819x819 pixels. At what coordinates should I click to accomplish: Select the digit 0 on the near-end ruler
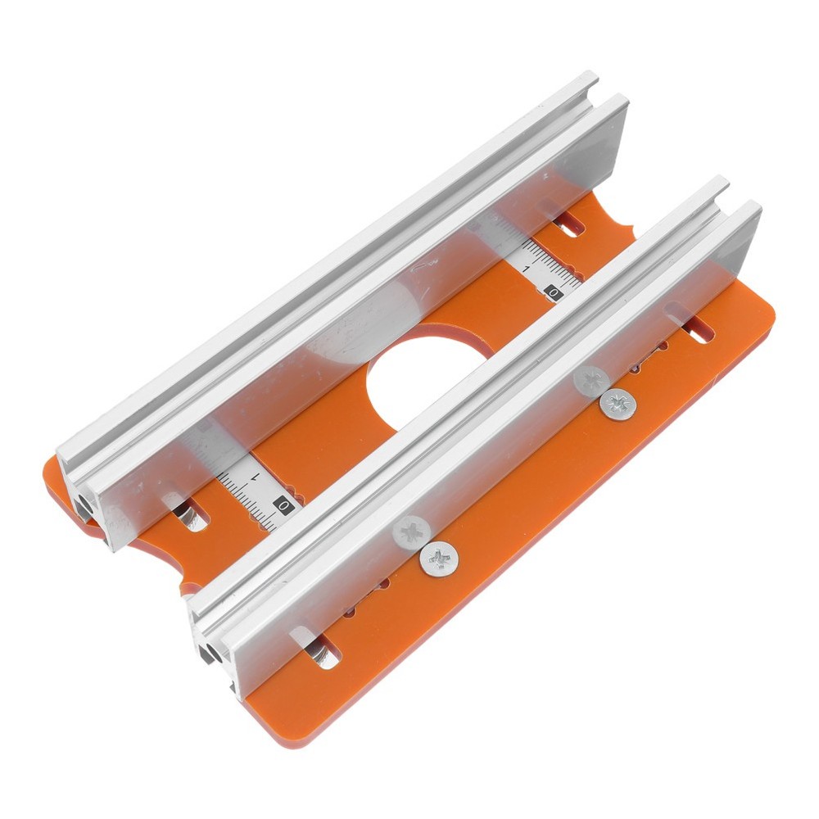pyautogui.click(x=283, y=506)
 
